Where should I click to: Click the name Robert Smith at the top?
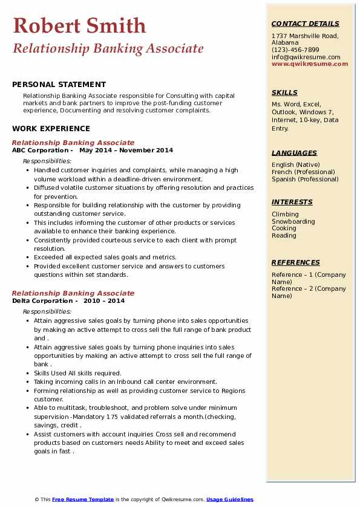click(x=79, y=25)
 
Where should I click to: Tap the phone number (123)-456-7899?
click(x=295, y=50)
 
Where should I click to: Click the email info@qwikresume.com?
click(x=306, y=57)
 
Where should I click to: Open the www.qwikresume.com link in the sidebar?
click(x=306, y=64)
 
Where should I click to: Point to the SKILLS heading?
click(x=284, y=93)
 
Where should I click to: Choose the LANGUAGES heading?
click(x=294, y=154)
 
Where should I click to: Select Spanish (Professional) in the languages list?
click(x=306, y=180)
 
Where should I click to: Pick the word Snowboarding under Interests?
click(x=293, y=221)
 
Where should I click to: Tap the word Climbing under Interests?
click(x=285, y=214)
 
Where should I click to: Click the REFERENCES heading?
click(x=295, y=263)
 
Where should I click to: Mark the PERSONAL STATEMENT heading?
click(x=59, y=85)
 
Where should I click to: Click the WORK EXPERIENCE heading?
click(x=51, y=129)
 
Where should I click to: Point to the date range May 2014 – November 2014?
click(x=126, y=151)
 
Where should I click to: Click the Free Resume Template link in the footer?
click(x=83, y=499)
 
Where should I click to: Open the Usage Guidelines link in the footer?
click(x=229, y=499)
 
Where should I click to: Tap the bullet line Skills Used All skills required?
click(x=77, y=373)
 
